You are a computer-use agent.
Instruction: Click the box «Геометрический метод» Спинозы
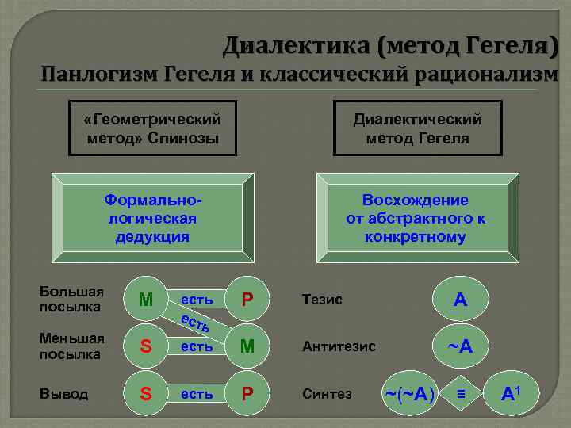pyautogui.click(x=152, y=128)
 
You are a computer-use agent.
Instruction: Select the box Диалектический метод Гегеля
pyautogui.click(x=417, y=128)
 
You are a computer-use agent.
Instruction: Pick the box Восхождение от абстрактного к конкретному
pyautogui.click(x=416, y=219)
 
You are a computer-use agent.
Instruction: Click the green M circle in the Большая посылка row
pyautogui.click(x=146, y=300)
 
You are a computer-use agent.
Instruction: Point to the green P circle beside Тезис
pyautogui.click(x=247, y=300)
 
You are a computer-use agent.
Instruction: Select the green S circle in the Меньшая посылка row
pyautogui.click(x=146, y=346)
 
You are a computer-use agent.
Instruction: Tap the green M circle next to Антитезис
pyautogui.click(x=247, y=346)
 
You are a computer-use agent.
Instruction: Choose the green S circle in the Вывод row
pyautogui.click(x=146, y=393)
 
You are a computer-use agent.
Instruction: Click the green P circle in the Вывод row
pyautogui.click(x=247, y=393)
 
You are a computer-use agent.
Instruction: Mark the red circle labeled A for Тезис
pyautogui.click(x=460, y=300)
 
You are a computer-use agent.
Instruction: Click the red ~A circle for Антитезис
pyautogui.click(x=460, y=346)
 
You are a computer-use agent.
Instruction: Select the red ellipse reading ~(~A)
pyautogui.click(x=409, y=393)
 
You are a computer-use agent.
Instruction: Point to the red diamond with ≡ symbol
pyautogui.click(x=460, y=393)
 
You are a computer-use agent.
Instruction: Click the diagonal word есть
pyautogui.click(x=196, y=323)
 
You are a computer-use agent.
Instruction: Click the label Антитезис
pyautogui.click(x=339, y=346)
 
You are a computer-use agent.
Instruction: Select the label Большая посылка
pyautogui.click(x=72, y=298)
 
